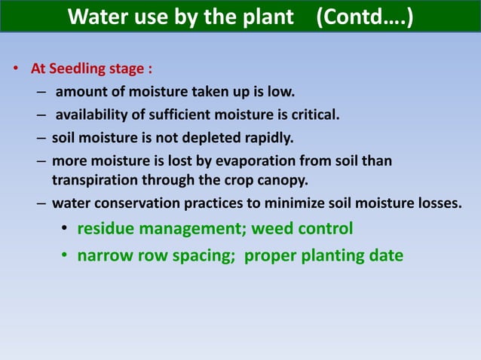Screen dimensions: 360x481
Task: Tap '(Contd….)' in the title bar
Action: tap(364, 17)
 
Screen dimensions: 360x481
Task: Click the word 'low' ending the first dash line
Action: tap(281, 93)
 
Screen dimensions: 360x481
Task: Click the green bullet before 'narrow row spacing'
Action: tap(66, 256)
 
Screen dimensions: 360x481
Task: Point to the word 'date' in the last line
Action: tap(385, 255)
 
